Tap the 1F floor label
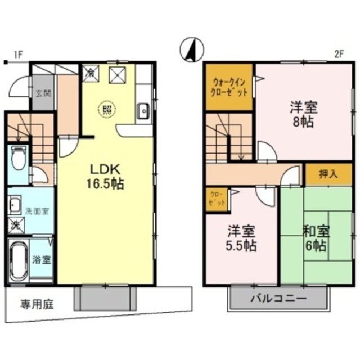pyautogui.click(x=17, y=55)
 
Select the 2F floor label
pyautogui.click(x=338, y=55)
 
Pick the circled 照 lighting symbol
pyautogui.click(x=105, y=109)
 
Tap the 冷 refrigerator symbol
pyautogui.click(x=90, y=73)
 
